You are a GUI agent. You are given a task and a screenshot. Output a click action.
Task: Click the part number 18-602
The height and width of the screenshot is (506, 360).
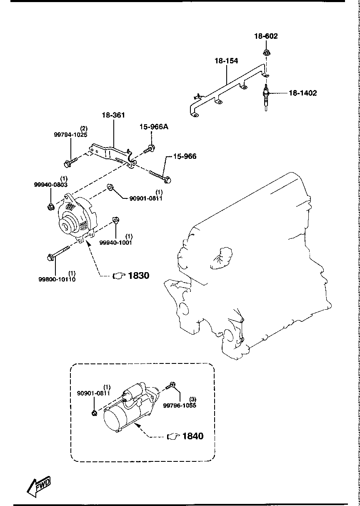tap(266, 36)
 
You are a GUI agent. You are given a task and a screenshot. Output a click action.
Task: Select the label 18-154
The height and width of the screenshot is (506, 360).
tap(226, 61)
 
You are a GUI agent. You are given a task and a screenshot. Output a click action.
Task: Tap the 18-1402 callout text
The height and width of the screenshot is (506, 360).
tap(302, 93)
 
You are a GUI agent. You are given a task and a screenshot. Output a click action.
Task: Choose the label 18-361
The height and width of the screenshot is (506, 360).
tap(114, 115)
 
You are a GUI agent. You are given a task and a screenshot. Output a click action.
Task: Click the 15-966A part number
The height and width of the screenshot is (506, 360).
tap(153, 127)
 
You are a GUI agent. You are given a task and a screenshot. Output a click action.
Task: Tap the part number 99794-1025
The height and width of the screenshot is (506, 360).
tap(70, 135)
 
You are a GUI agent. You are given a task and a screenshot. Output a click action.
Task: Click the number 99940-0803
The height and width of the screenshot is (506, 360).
tap(51, 184)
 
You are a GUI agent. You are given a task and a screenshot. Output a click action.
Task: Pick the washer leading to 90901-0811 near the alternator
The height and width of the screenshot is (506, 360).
tap(110, 187)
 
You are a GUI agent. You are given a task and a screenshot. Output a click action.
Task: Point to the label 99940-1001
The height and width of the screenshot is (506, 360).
tap(115, 243)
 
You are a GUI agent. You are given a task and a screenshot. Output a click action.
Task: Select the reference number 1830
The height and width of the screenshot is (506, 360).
tap(138, 276)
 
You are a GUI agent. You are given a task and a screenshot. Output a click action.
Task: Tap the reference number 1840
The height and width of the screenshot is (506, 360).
tap(193, 436)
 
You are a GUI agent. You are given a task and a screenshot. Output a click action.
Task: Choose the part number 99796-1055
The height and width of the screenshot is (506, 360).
tap(179, 405)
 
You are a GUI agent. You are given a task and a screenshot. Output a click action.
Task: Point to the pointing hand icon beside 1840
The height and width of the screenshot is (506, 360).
tap(173, 436)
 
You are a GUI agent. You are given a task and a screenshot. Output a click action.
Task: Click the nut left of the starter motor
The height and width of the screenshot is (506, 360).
tap(95, 413)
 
